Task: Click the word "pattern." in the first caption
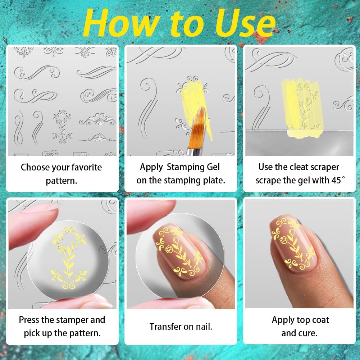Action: click(61, 180)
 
